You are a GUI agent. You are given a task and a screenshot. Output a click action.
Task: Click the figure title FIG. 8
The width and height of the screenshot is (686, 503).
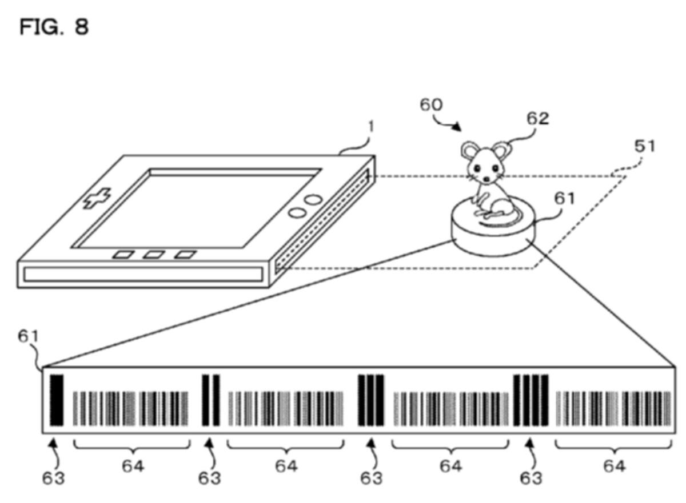[x=54, y=27]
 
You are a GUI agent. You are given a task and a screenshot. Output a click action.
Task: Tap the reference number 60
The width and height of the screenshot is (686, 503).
[x=431, y=105]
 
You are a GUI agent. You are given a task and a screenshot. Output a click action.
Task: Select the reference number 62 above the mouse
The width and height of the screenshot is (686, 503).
[x=538, y=118]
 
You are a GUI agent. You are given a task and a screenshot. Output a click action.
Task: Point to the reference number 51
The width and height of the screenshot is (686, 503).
[x=644, y=146]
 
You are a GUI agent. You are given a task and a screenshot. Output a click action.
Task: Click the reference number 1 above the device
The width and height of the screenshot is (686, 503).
[x=371, y=127]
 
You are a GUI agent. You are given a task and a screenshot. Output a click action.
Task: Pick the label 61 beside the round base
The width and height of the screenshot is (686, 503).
[x=565, y=199]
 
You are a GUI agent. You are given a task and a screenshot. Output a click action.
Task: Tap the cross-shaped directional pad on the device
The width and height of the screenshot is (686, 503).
[x=97, y=198]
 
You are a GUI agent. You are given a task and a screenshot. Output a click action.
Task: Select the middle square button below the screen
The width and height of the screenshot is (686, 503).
[x=154, y=254]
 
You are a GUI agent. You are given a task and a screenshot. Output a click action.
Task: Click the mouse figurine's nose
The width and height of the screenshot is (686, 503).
[x=486, y=179]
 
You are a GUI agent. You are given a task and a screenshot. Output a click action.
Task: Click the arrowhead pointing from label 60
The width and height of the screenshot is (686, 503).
[x=457, y=126]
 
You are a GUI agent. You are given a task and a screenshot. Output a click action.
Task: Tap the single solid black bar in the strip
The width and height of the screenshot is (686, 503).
[x=57, y=400]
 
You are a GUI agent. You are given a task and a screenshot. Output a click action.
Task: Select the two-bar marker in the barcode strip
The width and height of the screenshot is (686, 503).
[x=211, y=400]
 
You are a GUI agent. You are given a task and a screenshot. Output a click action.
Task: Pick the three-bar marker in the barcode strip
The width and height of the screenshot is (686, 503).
[x=371, y=400]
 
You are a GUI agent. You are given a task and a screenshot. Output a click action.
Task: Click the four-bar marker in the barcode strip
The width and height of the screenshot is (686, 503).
[x=531, y=400]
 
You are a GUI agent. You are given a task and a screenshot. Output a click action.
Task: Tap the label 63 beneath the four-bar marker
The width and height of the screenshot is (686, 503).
[x=531, y=478]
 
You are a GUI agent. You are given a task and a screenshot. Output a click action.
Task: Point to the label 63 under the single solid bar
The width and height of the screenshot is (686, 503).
[x=53, y=478]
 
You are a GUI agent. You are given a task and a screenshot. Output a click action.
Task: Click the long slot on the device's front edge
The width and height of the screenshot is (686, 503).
[x=143, y=274]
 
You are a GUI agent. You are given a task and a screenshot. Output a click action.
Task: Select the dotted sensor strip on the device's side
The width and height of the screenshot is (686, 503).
[x=321, y=221]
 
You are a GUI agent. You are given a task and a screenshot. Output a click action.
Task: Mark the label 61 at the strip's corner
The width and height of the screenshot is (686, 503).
[x=28, y=336]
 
